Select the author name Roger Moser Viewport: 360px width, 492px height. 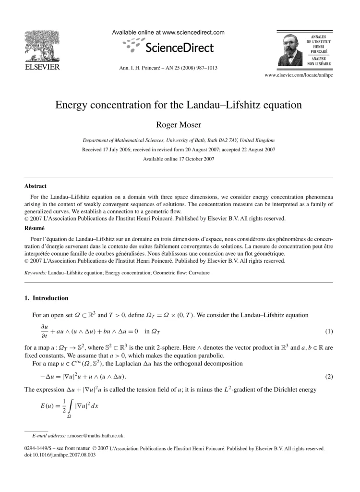click(180, 126)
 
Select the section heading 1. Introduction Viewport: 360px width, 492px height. click(47, 298)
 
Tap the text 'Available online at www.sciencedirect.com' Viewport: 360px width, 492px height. click(168, 33)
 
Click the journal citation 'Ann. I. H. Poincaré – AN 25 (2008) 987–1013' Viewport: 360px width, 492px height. click(168, 68)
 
